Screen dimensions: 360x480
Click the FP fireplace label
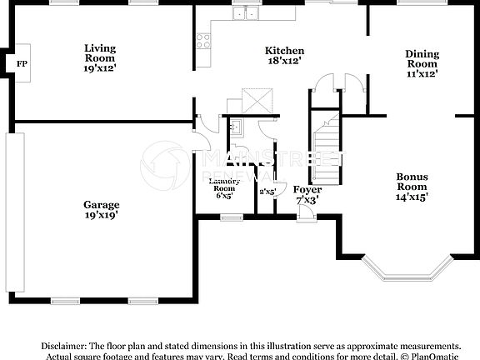click(x=22, y=63)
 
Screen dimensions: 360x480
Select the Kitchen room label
click(x=284, y=56)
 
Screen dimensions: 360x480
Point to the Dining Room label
click(x=422, y=63)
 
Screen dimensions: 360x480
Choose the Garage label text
click(x=101, y=209)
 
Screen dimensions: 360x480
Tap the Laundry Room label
click(x=224, y=187)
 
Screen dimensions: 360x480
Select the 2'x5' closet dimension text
click(x=267, y=192)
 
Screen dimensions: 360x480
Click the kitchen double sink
click(x=245, y=12)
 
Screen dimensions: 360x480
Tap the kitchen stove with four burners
click(x=202, y=42)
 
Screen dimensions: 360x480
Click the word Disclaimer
click(x=63, y=345)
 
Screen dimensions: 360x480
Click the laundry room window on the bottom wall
click(x=231, y=217)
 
